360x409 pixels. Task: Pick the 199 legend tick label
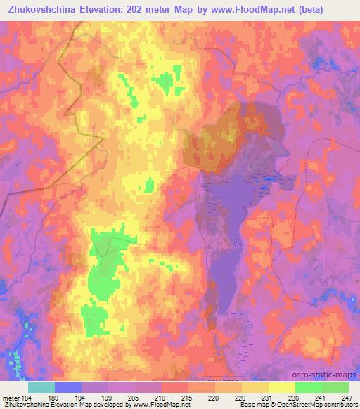[x=108, y=398]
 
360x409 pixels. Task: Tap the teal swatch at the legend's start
[x=41, y=387]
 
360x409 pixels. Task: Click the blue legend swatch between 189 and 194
[x=67, y=387]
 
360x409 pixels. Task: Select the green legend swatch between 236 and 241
[x=308, y=387]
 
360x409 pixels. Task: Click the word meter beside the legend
[x=10, y=398]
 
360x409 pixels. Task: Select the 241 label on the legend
[x=321, y=398]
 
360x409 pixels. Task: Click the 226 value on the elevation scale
[x=241, y=398]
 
